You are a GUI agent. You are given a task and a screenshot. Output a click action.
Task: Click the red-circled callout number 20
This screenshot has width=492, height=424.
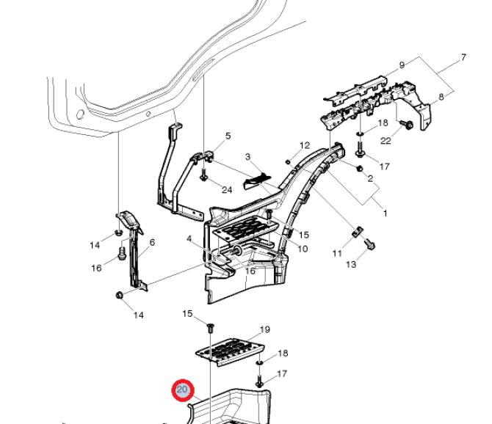pos(183,390)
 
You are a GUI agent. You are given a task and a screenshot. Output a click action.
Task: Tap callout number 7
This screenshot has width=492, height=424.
pos(463,58)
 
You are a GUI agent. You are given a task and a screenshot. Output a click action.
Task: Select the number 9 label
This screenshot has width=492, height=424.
pos(402,65)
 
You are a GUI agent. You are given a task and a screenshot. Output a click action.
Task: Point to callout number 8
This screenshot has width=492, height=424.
pos(441,97)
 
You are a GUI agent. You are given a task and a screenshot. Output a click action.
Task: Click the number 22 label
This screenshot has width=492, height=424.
pos(386,141)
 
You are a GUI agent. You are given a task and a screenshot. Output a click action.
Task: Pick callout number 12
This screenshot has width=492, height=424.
pos(305,145)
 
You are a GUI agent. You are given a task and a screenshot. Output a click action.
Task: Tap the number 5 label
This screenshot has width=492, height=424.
pos(228,136)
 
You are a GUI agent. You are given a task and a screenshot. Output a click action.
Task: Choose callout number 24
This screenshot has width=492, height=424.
pos(227,190)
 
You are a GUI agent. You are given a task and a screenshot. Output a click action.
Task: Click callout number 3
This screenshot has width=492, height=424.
pos(248,156)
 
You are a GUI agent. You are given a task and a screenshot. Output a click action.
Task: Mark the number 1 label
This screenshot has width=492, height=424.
pos(386,213)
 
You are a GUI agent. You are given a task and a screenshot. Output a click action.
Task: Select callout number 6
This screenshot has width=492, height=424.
pos(152,242)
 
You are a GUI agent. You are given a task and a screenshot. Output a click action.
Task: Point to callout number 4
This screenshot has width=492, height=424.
pos(189,239)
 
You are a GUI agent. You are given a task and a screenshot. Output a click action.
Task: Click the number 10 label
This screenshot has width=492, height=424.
pos(303,249)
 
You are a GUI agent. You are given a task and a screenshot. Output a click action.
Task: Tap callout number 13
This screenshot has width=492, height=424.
pos(351,265)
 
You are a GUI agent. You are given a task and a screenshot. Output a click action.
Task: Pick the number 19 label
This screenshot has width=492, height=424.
pos(265,329)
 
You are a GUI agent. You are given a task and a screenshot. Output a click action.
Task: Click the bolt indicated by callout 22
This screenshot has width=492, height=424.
pos(407,125)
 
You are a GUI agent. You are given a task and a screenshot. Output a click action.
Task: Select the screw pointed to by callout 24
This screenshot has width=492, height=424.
pos(203,175)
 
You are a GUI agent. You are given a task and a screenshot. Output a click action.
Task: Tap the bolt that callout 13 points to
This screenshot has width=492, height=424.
pos(369,244)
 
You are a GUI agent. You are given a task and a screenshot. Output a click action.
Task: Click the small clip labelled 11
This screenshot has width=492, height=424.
pos(357,232)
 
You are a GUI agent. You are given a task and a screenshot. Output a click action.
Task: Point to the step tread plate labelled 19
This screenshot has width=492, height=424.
pos(230,352)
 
